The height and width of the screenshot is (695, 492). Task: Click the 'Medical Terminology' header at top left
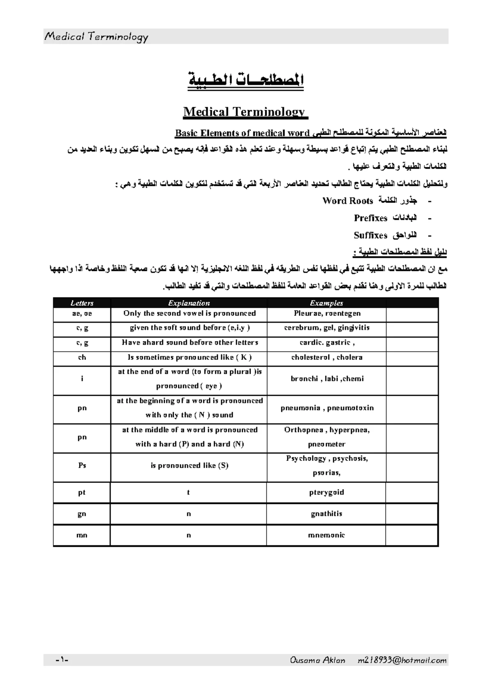coord(96,37)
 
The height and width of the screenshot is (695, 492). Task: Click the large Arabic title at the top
coord(246,79)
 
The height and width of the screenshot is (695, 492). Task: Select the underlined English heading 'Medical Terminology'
coord(245,112)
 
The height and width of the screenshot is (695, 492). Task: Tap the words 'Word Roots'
coord(348,201)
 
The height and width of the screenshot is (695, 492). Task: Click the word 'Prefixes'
coord(371,218)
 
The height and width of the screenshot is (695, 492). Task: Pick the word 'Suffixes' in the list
coord(371,235)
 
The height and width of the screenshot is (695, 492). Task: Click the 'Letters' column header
coord(82,303)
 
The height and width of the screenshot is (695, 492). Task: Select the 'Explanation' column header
coord(189,303)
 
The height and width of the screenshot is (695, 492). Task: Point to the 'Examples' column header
coord(326,303)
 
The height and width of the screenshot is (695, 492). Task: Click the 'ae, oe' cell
coord(82,314)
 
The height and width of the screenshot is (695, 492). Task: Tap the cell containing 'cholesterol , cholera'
coord(326,357)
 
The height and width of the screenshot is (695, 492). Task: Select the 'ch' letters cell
coord(82,357)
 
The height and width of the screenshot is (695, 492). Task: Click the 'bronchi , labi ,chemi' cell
coord(326,379)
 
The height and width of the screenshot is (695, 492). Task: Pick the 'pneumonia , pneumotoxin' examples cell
coord(326,408)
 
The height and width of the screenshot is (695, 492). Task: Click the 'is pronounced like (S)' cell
coord(189,466)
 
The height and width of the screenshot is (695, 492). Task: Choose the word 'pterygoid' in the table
coord(326,492)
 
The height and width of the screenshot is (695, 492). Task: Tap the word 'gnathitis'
coord(326,514)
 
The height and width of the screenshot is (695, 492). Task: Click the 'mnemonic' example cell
coord(326,535)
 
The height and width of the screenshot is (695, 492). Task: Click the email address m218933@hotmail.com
coord(402,660)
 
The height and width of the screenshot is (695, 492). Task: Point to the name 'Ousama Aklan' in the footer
coord(317,660)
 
